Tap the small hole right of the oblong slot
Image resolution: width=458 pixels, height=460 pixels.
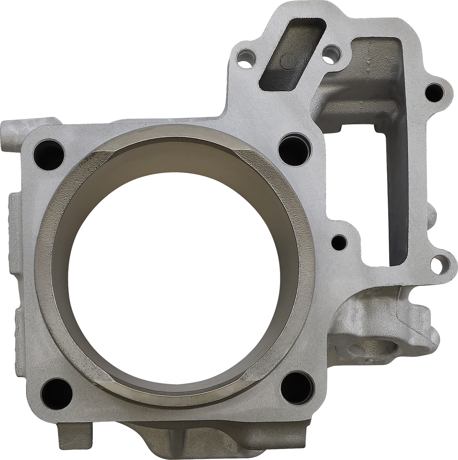tap(331, 50)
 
